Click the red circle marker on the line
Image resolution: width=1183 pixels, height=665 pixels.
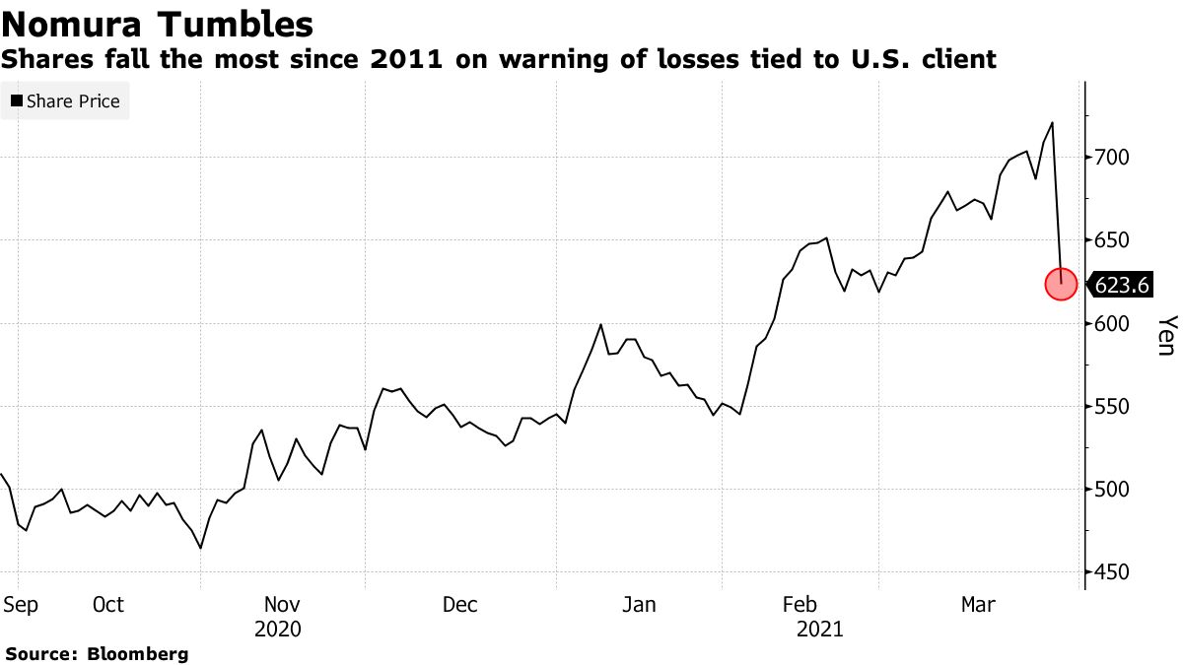(x=1061, y=285)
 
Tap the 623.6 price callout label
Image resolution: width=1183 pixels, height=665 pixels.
(x=1122, y=286)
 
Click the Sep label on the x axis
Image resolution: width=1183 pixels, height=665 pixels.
(x=20, y=605)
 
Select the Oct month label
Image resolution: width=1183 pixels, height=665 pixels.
(x=108, y=605)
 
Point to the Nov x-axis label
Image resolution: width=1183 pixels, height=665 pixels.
(x=283, y=605)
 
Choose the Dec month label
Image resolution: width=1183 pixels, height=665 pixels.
(x=459, y=605)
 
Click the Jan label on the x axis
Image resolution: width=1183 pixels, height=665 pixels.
(x=640, y=605)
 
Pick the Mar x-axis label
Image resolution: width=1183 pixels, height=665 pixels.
(x=978, y=605)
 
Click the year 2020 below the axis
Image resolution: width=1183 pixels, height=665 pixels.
(x=278, y=629)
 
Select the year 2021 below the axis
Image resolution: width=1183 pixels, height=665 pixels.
(x=819, y=629)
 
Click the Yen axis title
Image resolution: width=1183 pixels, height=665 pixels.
(x=1167, y=336)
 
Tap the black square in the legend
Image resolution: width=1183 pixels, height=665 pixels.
(x=17, y=101)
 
